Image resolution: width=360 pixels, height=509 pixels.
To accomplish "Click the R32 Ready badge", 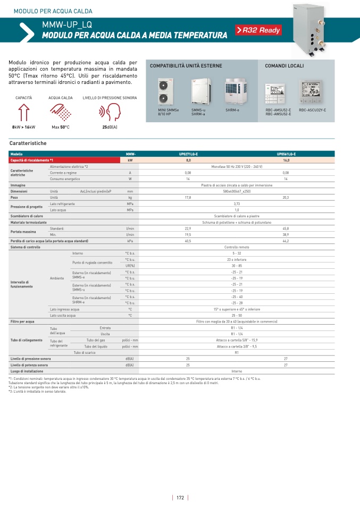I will point(258,30).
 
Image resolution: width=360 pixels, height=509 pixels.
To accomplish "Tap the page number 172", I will point(180,497).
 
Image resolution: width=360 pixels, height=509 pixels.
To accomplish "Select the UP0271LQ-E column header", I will point(188,154).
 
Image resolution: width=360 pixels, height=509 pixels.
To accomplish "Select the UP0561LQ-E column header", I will point(286,154).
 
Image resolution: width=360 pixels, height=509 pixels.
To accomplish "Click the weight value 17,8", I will point(188,197).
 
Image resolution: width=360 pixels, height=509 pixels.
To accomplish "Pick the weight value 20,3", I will point(286,197).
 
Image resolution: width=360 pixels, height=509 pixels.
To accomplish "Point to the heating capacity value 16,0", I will point(286,160).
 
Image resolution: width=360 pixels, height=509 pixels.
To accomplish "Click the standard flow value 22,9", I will point(188,228).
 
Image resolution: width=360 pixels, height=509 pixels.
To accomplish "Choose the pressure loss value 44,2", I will point(286,241).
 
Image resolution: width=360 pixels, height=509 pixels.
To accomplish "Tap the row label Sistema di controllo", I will point(25,247).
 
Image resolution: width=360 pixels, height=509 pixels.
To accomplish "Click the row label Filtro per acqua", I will point(22,321).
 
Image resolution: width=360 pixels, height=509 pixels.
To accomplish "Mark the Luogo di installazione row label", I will point(27,371).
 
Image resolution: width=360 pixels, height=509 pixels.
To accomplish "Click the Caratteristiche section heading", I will point(28,143).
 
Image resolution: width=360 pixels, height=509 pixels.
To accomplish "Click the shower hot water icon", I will point(61,113).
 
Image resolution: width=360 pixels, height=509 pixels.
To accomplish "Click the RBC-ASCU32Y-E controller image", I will point(312,91).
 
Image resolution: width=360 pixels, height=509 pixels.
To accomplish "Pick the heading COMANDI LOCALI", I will point(284,66).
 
